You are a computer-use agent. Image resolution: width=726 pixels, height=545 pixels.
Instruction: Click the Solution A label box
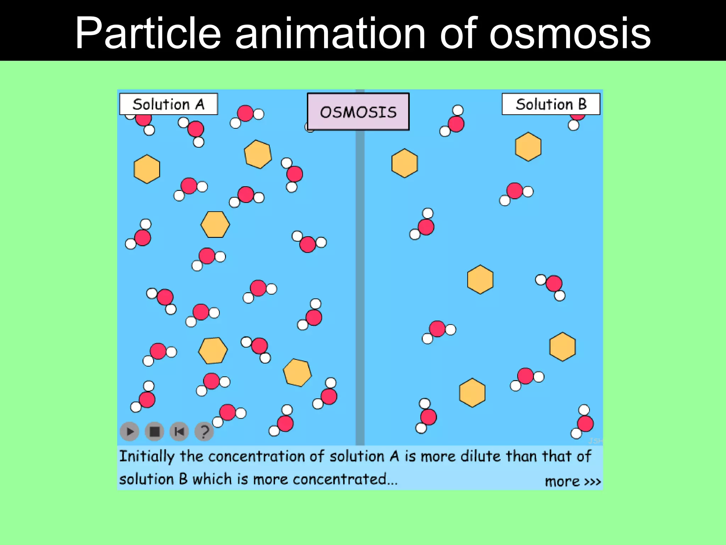[x=168, y=104]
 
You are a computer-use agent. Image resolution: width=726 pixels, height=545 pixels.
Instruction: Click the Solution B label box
[x=551, y=104]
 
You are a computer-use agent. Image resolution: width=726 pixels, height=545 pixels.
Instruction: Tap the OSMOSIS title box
[x=358, y=112]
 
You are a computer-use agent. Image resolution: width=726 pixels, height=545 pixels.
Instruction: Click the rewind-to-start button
[x=179, y=431]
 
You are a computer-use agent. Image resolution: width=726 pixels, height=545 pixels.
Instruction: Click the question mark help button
[x=204, y=431]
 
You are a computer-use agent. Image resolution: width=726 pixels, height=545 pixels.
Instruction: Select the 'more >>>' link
[x=573, y=481]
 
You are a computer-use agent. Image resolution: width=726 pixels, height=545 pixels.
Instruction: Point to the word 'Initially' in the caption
[x=147, y=456]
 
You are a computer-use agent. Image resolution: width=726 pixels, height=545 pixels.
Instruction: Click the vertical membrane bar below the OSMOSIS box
[x=360, y=284]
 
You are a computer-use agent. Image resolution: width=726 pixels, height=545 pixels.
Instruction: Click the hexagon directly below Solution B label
[x=528, y=147]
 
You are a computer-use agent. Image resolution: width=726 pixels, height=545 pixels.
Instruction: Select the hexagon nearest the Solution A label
[x=147, y=169]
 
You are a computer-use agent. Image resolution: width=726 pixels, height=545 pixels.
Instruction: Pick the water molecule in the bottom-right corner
[x=583, y=422]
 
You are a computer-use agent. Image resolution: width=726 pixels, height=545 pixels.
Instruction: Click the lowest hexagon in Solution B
[x=472, y=392]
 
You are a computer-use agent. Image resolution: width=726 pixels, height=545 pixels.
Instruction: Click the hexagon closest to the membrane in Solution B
[x=404, y=163]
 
